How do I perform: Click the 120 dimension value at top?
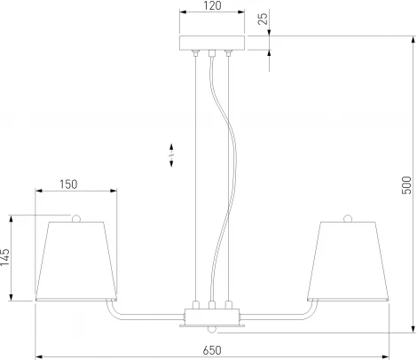point(211,7)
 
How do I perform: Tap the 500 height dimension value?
point(407,184)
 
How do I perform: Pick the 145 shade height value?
point(7,257)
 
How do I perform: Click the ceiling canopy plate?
point(211,43)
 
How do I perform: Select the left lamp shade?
point(75,261)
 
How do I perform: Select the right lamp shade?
point(347,261)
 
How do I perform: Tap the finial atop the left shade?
point(75,217)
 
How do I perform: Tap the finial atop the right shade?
point(347,217)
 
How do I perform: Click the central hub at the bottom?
point(211,315)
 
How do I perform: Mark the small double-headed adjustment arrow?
point(171,156)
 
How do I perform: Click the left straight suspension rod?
point(194,177)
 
